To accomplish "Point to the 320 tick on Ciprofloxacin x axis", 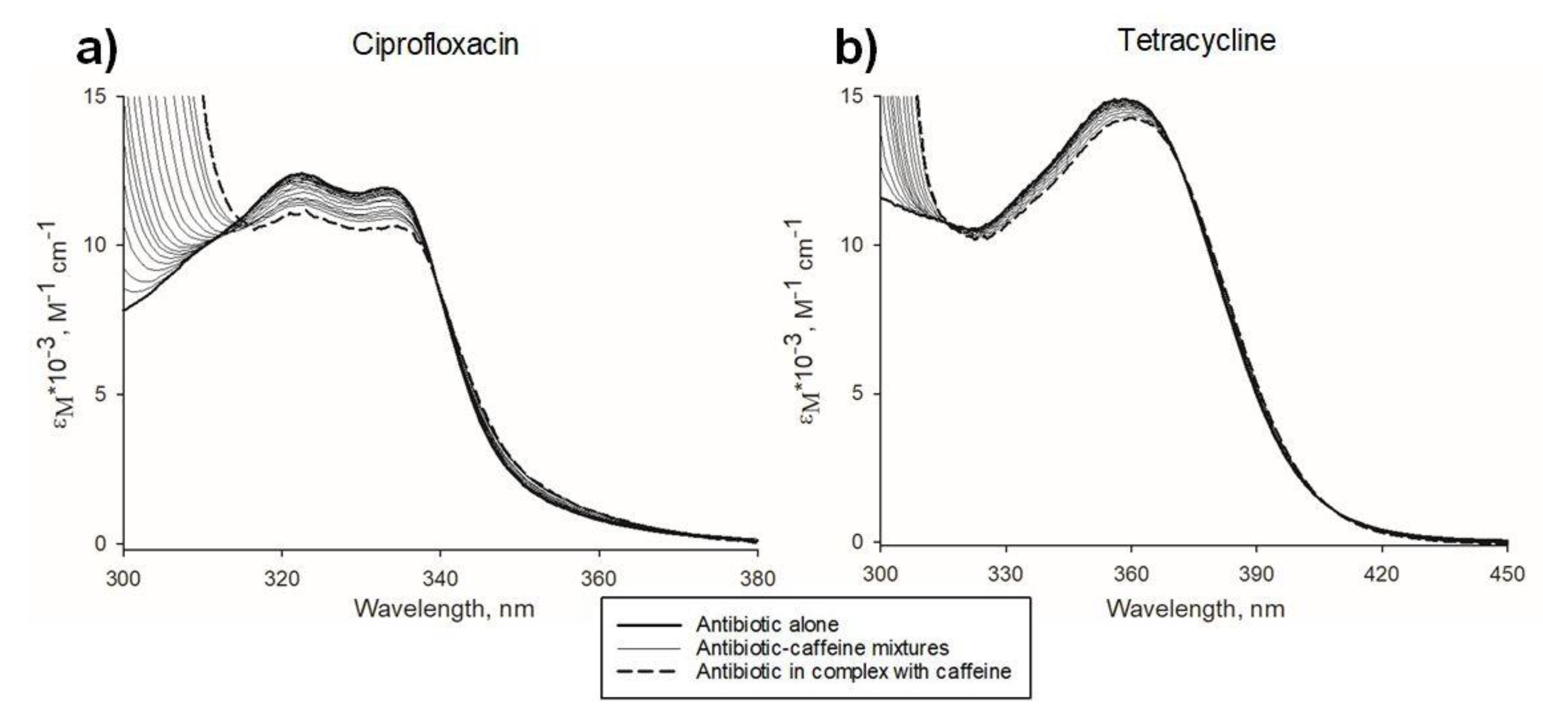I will [282, 578].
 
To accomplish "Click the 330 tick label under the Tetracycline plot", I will [1006, 575].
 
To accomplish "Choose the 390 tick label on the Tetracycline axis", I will [1257, 575].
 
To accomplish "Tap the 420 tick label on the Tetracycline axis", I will [1382, 575].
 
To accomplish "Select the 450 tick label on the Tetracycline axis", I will [1507, 575].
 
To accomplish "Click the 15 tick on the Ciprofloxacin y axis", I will [108, 96].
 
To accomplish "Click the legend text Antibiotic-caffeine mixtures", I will [822, 648].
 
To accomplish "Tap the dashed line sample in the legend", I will [649, 671].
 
